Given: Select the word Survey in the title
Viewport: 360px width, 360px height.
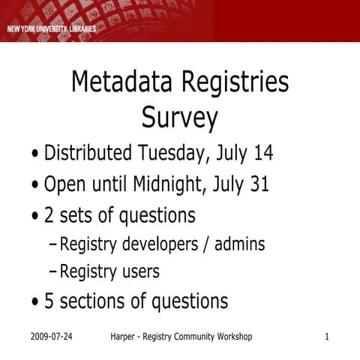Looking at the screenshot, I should pos(180,118).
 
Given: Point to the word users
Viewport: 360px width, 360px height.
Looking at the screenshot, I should pos(140,271).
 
